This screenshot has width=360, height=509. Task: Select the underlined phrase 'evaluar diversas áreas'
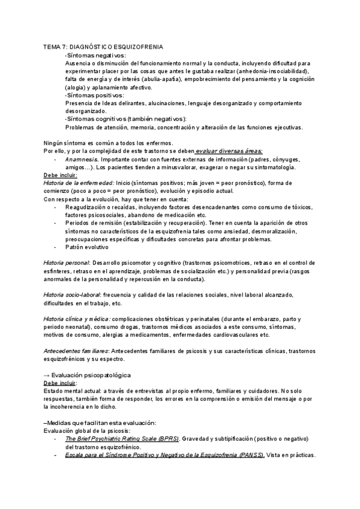coord(232,151)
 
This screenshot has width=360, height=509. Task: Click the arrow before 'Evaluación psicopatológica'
coord(47,375)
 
